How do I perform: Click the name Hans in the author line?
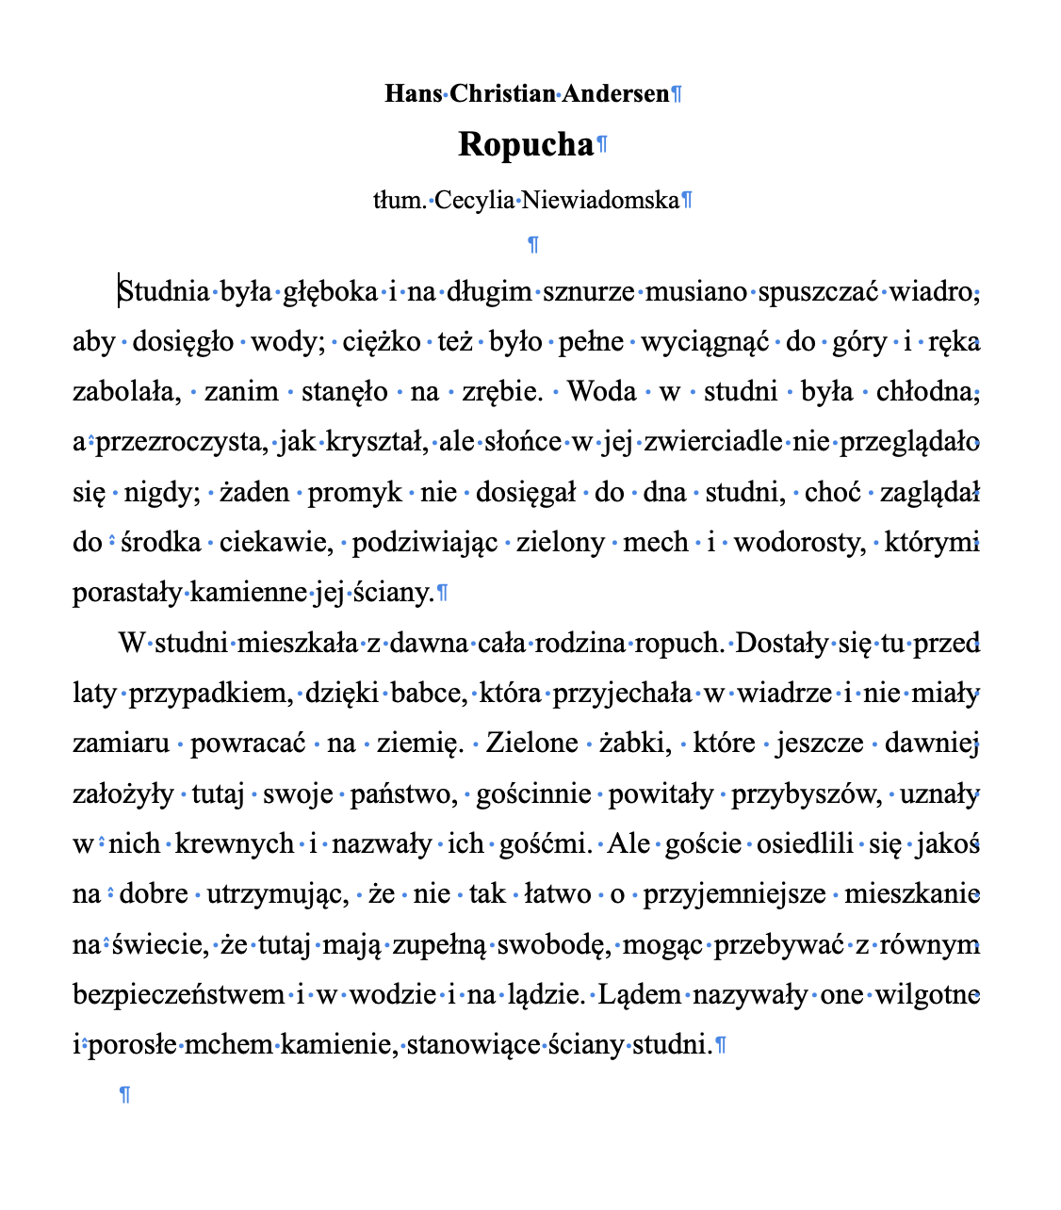point(413,94)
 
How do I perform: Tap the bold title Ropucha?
point(526,145)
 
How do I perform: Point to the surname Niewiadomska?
point(600,201)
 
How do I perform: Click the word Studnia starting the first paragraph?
point(165,292)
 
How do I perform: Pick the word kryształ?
point(376,442)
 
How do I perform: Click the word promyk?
point(354,492)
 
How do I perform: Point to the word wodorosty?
point(799,543)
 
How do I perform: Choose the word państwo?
point(401,794)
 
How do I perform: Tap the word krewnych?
point(248,843)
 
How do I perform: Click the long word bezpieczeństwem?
point(179,995)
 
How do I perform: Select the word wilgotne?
point(928,995)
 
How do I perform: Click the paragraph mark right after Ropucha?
point(603,145)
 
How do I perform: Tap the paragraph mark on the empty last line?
point(124,1095)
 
